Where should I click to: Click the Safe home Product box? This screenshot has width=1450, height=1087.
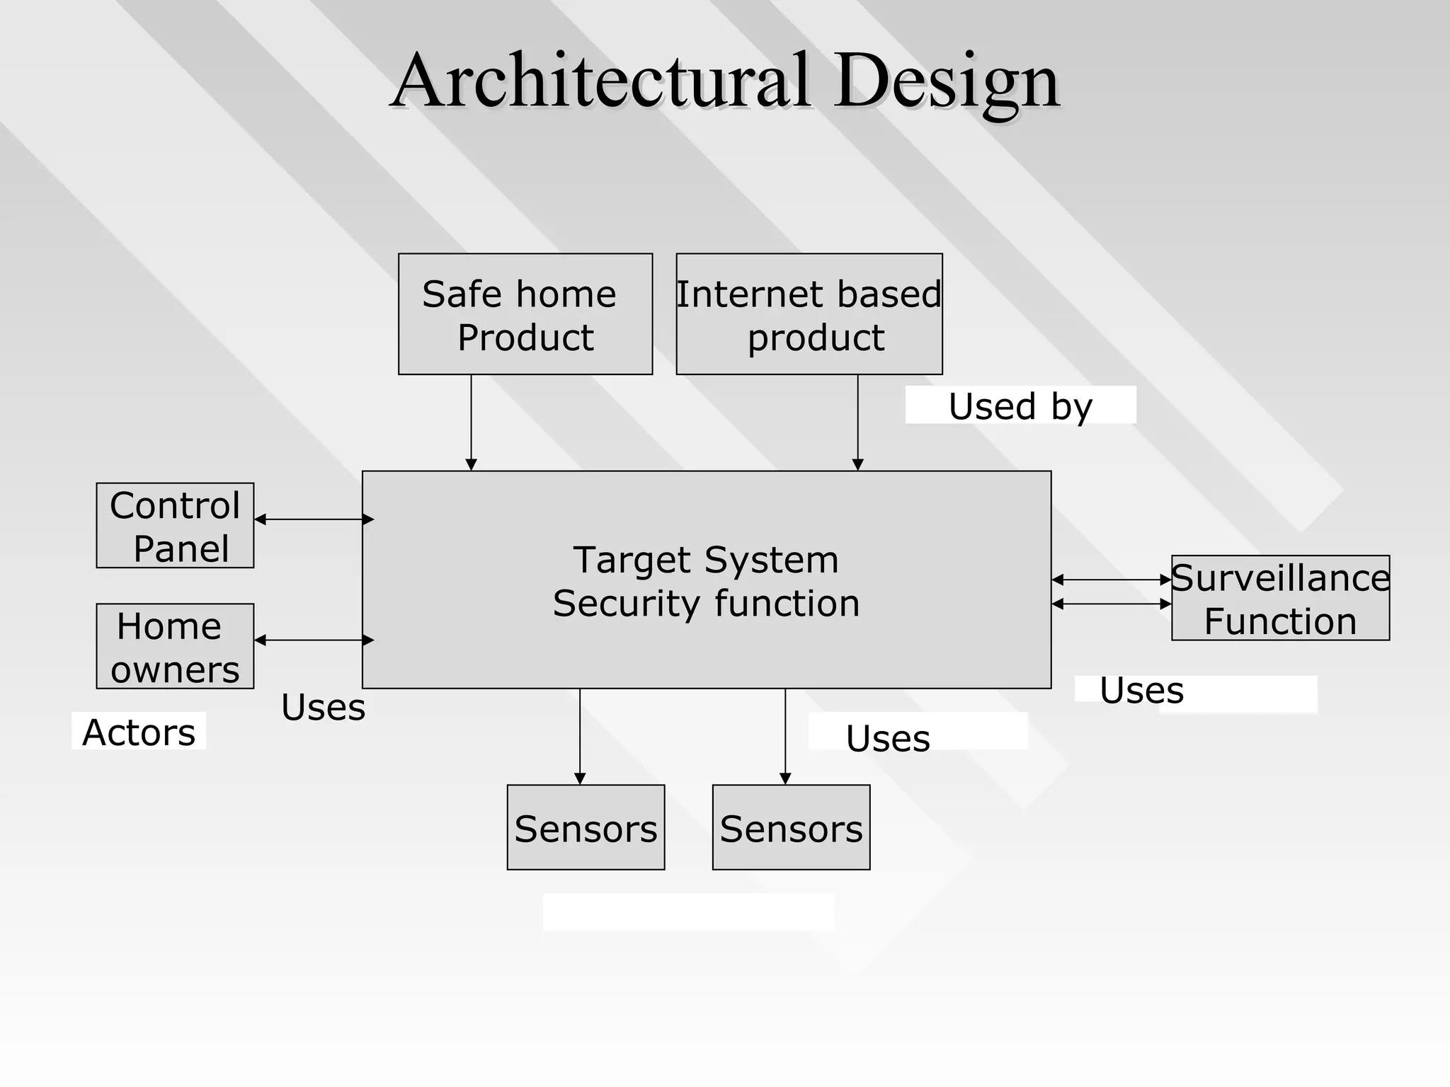(x=525, y=314)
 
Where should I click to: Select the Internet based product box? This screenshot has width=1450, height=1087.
(x=809, y=314)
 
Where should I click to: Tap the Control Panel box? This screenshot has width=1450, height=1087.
(x=175, y=525)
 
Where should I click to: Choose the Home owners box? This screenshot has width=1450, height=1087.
(x=175, y=646)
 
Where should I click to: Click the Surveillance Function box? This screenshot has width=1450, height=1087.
(x=1280, y=598)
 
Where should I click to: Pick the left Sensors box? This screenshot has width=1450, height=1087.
(x=586, y=827)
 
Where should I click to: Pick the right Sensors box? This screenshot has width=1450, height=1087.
(x=791, y=827)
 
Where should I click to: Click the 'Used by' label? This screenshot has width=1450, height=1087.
(x=1020, y=406)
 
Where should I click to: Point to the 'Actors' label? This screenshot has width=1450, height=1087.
(x=139, y=732)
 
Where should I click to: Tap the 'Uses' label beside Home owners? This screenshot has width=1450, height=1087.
(x=323, y=707)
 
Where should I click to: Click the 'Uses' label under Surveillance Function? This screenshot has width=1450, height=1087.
(x=1141, y=690)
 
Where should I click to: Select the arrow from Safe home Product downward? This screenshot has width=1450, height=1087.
(x=471, y=422)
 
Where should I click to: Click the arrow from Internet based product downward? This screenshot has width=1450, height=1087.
(x=857, y=422)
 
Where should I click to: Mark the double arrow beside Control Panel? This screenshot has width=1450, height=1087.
(x=314, y=519)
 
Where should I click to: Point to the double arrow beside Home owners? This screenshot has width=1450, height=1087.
(x=314, y=640)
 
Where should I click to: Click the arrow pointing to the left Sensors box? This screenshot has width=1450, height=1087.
(x=580, y=736)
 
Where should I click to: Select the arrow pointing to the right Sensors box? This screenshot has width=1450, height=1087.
(x=784, y=736)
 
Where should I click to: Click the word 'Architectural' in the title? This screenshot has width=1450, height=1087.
(x=600, y=81)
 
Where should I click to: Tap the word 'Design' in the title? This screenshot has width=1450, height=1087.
(x=946, y=82)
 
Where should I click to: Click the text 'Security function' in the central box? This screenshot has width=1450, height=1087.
(x=706, y=604)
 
